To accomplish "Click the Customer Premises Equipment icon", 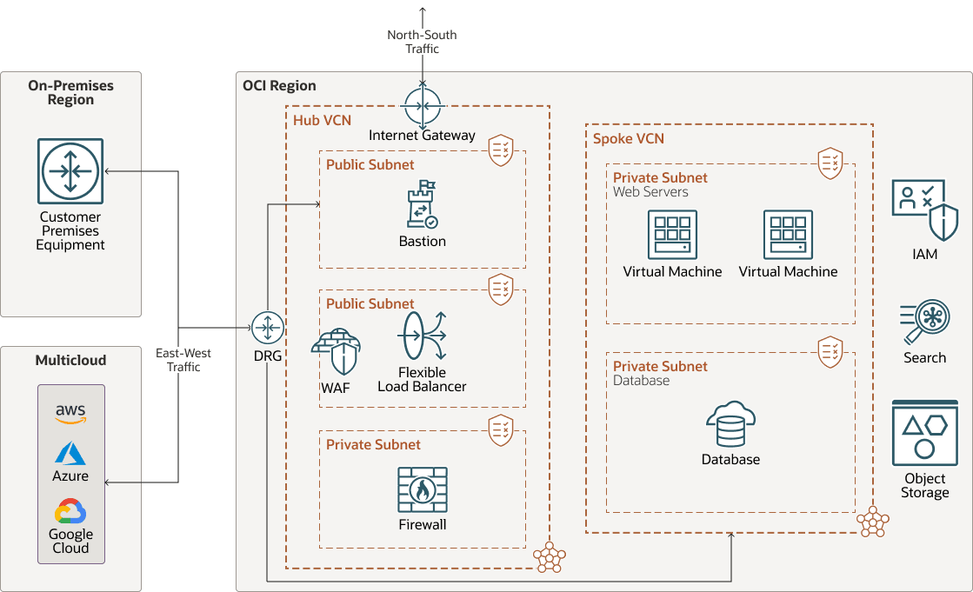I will pyautogui.click(x=70, y=171).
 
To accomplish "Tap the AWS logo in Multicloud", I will pyautogui.click(x=70, y=414).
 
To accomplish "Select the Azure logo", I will pyautogui.click(x=70, y=454).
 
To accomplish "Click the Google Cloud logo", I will pyautogui.click(x=70, y=511).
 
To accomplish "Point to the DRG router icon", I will pyautogui.click(x=267, y=328).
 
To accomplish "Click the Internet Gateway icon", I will pyautogui.click(x=423, y=107).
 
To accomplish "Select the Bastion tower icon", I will pyautogui.click(x=423, y=205).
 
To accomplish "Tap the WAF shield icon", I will pyautogui.click(x=336, y=353).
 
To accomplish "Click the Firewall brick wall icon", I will pyautogui.click(x=423, y=490).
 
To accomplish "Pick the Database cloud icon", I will pyautogui.click(x=730, y=425).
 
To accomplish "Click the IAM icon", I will pyautogui.click(x=924, y=211).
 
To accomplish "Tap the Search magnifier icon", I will pyautogui.click(x=924, y=322).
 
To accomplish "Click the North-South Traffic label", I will pyautogui.click(x=423, y=42).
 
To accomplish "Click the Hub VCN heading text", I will pyautogui.click(x=323, y=120).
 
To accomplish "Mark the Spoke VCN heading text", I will pyautogui.click(x=628, y=138).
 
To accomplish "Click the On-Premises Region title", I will pyautogui.click(x=70, y=92).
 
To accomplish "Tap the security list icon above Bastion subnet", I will pyautogui.click(x=500, y=150).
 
